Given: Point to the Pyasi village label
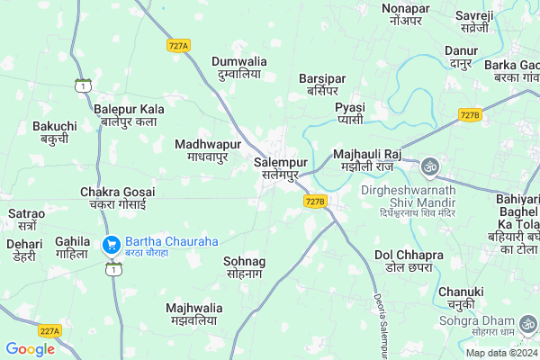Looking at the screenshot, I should [x=350, y=113].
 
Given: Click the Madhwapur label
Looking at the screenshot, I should [x=208, y=150].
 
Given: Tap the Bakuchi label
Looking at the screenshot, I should [x=55, y=132].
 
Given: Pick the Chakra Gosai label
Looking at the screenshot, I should [x=118, y=199].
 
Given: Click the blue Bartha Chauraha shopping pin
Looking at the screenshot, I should [x=112, y=243].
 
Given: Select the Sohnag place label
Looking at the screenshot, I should [x=245, y=267].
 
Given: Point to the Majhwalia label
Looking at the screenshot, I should [x=194, y=315].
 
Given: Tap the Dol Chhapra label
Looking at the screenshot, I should [x=409, y=263].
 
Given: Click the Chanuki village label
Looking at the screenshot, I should [x=462, y=298].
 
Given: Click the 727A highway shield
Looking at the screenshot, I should [x=177, y=44].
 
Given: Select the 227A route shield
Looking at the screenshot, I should [x=49, y=331].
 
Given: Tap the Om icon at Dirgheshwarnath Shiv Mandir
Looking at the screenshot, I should [x=429, y=166].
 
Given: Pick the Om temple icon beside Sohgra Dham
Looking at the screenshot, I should [x=529, y=321].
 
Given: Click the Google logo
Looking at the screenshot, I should [x=31, y=349].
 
